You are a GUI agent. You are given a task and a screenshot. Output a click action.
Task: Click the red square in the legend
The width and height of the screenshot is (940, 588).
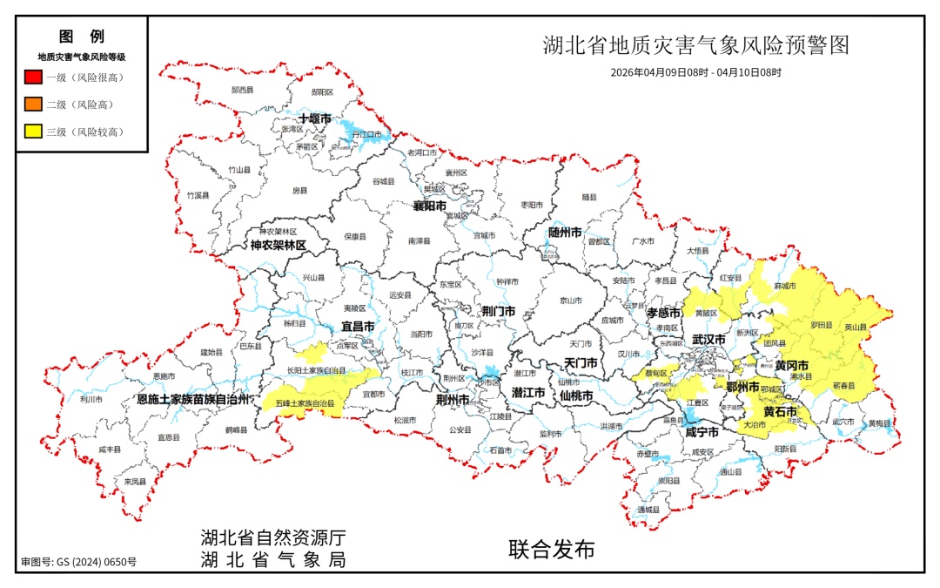[x=33, y=78]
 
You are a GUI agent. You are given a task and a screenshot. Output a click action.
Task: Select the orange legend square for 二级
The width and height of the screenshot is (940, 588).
[x=33, y=105]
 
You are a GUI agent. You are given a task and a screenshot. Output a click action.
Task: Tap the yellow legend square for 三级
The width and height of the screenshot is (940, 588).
[x=33, y=132]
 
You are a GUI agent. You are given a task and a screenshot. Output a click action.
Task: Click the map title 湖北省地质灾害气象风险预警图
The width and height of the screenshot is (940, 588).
[x=695, y=45]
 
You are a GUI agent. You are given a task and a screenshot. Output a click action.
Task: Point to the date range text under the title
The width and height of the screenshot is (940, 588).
[x=695, y=72]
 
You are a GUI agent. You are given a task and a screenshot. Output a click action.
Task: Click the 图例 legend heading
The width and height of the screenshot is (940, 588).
[x=81, y=37]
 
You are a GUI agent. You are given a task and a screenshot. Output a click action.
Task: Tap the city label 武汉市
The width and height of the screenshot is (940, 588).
[x=708, y=339]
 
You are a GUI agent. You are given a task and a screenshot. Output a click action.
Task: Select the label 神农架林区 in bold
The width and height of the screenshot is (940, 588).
[x=278, y=246]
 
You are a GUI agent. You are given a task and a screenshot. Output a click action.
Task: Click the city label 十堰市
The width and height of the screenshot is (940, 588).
[x=314, y=118]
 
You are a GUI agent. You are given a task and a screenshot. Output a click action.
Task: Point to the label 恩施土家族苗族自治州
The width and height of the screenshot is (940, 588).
[x=194, y=399]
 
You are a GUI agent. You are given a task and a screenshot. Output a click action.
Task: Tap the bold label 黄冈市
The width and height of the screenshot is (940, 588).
[x=791, y=365]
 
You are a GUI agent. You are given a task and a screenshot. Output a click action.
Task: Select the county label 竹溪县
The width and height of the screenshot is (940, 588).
[x=198, y=195]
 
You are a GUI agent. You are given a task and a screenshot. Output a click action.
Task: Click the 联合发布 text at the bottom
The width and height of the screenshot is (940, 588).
[x=552, y=550]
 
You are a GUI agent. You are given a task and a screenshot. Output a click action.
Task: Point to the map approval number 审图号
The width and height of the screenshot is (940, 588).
[x=78, y=563]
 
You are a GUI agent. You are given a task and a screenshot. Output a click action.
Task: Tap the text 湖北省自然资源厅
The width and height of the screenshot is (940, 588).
[x=272, y=537]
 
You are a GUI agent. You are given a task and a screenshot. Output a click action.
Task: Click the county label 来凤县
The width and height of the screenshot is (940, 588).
[x=134, y=481]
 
